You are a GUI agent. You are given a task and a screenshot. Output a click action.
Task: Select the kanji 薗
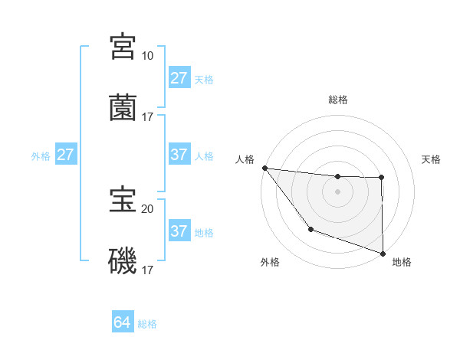point(123,108)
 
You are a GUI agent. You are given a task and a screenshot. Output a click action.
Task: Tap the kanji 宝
point(123,200)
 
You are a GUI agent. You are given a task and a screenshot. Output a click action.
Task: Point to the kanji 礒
point(123,261)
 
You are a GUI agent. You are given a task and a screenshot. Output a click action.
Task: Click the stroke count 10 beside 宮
point(147,55)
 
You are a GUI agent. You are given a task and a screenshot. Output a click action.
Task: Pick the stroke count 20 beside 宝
point(147,208)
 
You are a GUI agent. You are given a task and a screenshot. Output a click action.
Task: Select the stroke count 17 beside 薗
point(147,116)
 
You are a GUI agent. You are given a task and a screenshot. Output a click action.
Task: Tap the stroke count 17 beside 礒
point(147,270)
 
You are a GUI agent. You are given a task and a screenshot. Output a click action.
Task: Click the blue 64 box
point(122,322)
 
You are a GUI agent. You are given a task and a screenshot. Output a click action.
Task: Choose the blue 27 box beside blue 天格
point(179,78)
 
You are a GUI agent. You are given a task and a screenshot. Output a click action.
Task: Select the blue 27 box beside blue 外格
point(66,155)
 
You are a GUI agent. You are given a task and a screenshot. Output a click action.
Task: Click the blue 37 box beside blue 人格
point(179,155)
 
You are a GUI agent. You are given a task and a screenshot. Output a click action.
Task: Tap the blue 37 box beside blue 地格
point(179,231)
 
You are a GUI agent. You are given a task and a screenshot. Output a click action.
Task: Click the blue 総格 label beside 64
point(147,324)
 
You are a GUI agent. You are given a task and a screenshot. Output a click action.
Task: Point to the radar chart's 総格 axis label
point(338,100)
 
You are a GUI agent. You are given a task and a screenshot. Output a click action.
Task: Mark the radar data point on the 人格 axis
point(264,168)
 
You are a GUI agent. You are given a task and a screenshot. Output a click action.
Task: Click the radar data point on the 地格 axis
point(383,253)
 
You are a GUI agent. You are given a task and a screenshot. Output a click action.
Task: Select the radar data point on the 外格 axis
point(310,229)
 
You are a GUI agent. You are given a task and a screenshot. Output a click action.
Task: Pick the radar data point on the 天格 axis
point(381,178)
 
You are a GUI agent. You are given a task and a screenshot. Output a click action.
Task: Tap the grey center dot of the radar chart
point(338,191)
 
